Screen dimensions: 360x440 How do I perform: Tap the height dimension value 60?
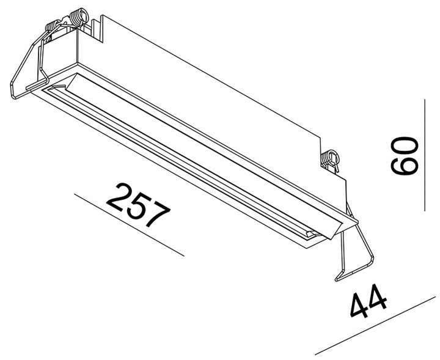(x=404, y=156)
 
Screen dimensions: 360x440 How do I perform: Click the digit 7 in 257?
(x=155, y=217)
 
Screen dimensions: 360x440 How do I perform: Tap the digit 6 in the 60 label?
(x=404, y=167)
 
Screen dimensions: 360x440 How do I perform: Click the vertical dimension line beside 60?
(x=424, y=156)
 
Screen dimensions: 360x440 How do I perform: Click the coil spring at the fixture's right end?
(x=331, y=158)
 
